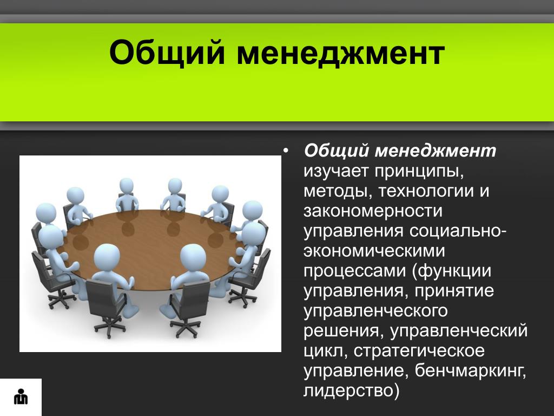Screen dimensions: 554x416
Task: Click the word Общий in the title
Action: point(167,53)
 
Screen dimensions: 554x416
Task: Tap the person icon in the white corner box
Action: point(21,396)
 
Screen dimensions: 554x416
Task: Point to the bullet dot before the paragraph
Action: point(286,151)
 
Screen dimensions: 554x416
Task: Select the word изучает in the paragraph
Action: point(336,172)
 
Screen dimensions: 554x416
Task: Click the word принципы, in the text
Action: point(419,172)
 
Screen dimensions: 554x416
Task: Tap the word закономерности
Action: point(373,211)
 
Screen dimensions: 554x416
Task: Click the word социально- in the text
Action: point(458,231)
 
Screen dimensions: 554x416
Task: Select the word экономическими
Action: point(374,251)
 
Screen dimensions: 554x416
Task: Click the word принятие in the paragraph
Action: point(454,291)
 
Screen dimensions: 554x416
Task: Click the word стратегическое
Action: point(419,351)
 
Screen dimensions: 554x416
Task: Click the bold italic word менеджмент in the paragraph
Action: point(436,151)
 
